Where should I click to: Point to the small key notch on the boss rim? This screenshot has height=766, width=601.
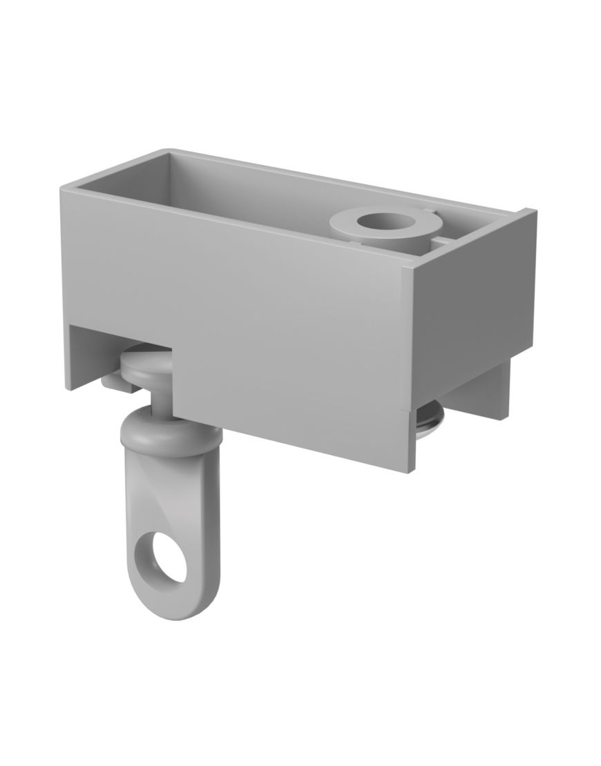pos(428,208)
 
